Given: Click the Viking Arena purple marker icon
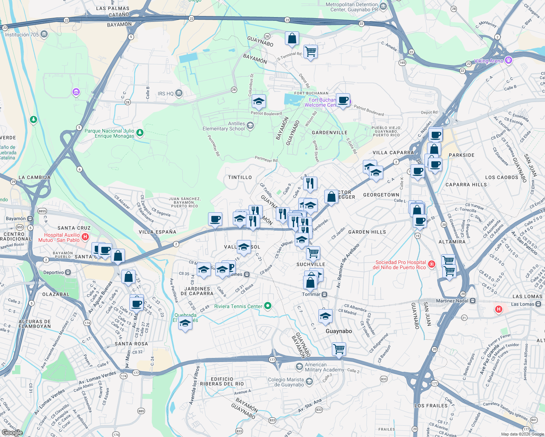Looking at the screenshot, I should tap(509, 60).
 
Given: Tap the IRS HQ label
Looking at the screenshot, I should tap(166, 94).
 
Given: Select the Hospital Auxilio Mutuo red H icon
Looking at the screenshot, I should tap(85, 237).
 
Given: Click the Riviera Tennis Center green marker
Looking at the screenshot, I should tap(268, 306).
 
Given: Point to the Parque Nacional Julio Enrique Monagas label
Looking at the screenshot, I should tap(109, 133).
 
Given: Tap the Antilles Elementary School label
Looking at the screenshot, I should tap(224, 126).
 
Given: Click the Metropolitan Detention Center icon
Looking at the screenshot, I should tap(383, 7).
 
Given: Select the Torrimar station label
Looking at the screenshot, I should tap(311, 294).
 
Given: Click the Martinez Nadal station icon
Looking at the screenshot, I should tap(473, 301).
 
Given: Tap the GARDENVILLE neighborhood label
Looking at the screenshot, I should tap(329, 133).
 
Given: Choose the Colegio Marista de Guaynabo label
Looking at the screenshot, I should tap(286, 382).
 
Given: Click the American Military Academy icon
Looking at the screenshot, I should tap(299, 367).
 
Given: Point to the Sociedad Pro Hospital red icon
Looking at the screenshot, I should tap(431, 264).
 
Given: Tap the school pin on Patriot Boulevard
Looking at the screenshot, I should tap(259, 102).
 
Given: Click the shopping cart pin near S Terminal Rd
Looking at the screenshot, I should tap(310, 52).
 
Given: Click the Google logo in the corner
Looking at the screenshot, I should tap(12, 432).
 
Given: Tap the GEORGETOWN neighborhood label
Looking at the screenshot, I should tap(381, 195).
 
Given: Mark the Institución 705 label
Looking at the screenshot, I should tap(22, 35).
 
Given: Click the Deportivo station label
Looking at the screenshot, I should tap(54, 272).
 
